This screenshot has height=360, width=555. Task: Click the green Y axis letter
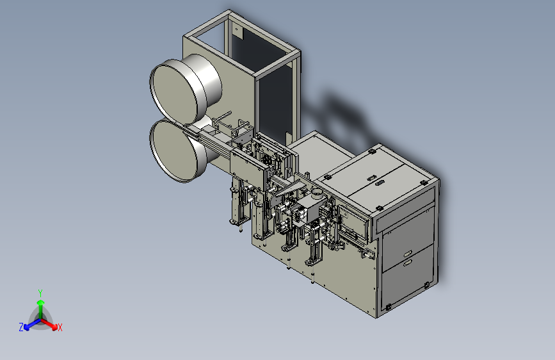coord(40,293)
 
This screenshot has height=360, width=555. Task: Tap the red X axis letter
coord(60,327)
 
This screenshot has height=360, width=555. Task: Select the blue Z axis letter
coord(21,327)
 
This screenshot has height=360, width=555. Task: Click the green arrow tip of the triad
coord(41,302)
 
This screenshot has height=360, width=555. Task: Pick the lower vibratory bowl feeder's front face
coord(172,150)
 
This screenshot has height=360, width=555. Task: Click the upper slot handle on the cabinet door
coord(407,254)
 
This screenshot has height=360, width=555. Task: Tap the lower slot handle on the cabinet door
coord(407,263)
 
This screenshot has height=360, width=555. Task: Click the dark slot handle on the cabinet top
coord(379,183)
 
